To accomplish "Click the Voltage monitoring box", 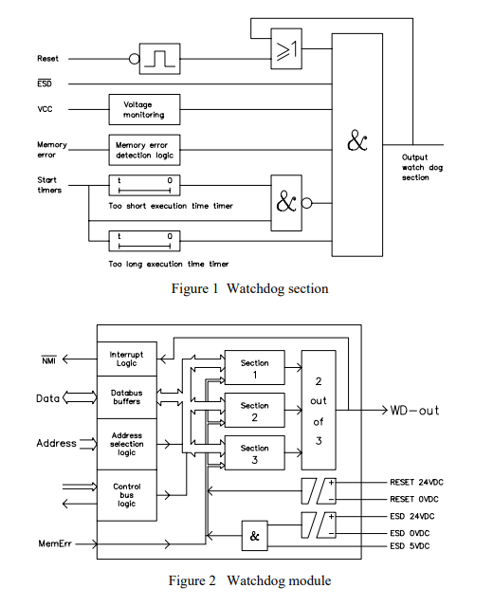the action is [x=144, y=110].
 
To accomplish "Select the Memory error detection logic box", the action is [x=144, y=150].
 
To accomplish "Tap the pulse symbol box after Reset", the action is [x=160, y=59].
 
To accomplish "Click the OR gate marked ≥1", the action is [x=286, y=48].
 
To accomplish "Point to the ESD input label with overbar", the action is [x=45, y=83].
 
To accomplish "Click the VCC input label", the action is [x=45, y=109].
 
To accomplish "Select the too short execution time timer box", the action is [x=144, y=186].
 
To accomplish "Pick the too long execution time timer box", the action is [x=144, y=241].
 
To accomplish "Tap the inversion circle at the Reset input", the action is [x=135, y=59].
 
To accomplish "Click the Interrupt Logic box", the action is [x=127, y=359].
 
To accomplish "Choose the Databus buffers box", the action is [x=127, y=397].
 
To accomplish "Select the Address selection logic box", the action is [x=127, y=444].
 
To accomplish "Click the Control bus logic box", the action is [x=127, y=495].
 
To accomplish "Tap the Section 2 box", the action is [x=255, y=411].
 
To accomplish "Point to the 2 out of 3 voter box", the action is [x=319, y=411].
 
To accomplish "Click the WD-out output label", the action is [x=414, y=411].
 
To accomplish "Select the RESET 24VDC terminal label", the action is [x=416, y=483].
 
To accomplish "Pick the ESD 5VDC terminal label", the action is [x=410, y=546].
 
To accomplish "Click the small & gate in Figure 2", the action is [x=255, y=536].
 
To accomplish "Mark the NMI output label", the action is [x=49, y=360].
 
